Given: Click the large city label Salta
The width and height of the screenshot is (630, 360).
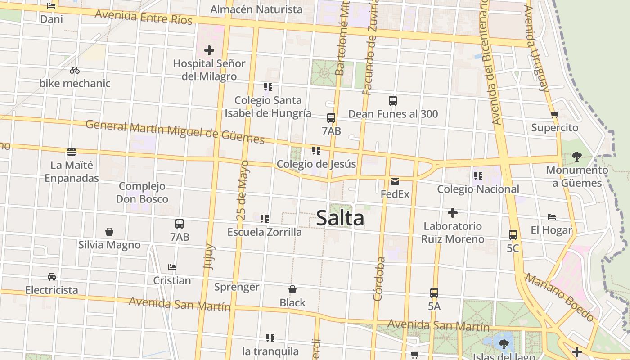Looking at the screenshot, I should pyautogui.click(x=340, y=218).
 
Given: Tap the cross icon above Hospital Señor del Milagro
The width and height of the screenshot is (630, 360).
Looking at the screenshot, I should pyautogui.click(x=209, y=50).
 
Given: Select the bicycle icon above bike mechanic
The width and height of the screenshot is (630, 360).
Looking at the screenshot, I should pyautogui.click(x=75, y=70).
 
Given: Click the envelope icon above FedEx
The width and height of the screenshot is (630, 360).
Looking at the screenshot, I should pyautogui.click(x=395, y=181).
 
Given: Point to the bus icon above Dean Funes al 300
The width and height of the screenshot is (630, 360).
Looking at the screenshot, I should pyautogui.click(x=393, y=101).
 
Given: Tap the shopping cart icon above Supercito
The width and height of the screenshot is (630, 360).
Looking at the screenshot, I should pyautogui.click(x=554, y=115).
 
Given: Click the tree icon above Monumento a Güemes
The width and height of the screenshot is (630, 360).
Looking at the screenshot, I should pyautogui.click(x=576, y=157).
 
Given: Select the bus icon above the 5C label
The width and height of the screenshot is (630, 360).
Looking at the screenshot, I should pyautogui.click(x=513, y=235).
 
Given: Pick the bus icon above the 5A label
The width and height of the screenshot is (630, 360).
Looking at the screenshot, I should pyautogui.click(x=434, y=293).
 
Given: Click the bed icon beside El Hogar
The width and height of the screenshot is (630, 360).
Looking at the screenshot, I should pyautogui.click(x=552, y=217).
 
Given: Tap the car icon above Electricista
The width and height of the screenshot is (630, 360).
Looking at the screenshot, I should pyautogui.click(x=52, y=277).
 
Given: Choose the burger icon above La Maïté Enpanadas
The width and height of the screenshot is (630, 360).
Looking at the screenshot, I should pyautogui.click(x=72, y=152).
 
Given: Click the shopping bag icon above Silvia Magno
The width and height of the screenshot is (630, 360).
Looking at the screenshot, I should pyautogui.click(x=109, y=232).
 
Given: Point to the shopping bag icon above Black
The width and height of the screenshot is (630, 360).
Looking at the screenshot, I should pyautogui.click(x=292, y=289).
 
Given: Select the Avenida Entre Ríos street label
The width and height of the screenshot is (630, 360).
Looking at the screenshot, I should pyautogui.click(x=144, y=18).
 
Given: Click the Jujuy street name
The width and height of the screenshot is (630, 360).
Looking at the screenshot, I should pyautogui.click(x=209, y=256).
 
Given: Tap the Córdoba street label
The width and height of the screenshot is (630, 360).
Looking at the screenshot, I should pyautogui.click(x=379, y=279).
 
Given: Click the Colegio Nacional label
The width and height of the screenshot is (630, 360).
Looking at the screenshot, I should pyautogui.click(x=478, y=189).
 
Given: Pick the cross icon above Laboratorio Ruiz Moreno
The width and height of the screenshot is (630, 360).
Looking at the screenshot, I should pyautogui.click(x=453, y=212).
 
